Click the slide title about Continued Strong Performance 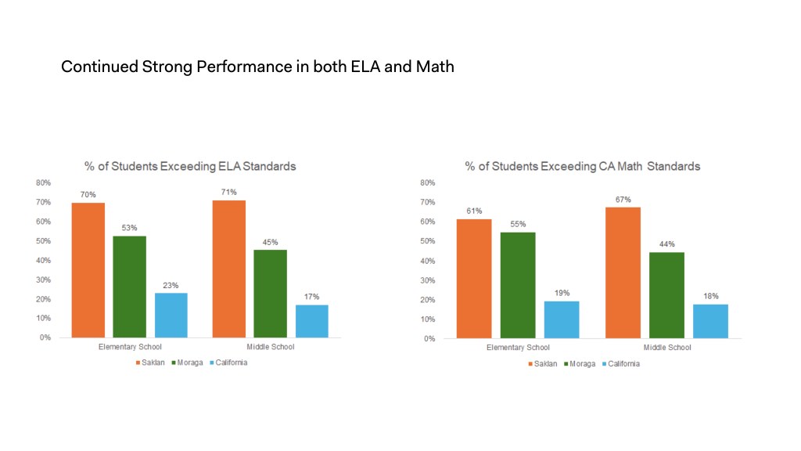(x=257, y=67)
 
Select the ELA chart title (x=190, y=166)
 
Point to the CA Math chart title (x=582, y=166)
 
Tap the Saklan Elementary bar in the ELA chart (x=88, y=270)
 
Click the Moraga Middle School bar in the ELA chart (x=270, y=294)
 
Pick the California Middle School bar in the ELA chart (x=311, y=321)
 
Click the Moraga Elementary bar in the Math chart (x=517, y=285)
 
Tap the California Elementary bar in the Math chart (x=562, y=319)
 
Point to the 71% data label (x=228, y=193)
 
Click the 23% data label (x=171, y=285)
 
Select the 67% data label (x=623, y=200)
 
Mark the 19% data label (x=562, y=293)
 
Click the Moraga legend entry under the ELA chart (x=189, y=363)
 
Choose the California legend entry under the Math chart (x=620, y=363)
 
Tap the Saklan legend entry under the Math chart (x=542, y=363)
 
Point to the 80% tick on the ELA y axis (x=43, y=182)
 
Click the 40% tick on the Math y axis (x=428, y=261)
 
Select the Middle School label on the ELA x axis (x=270, y=347)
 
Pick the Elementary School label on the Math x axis (x=518, y=348)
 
